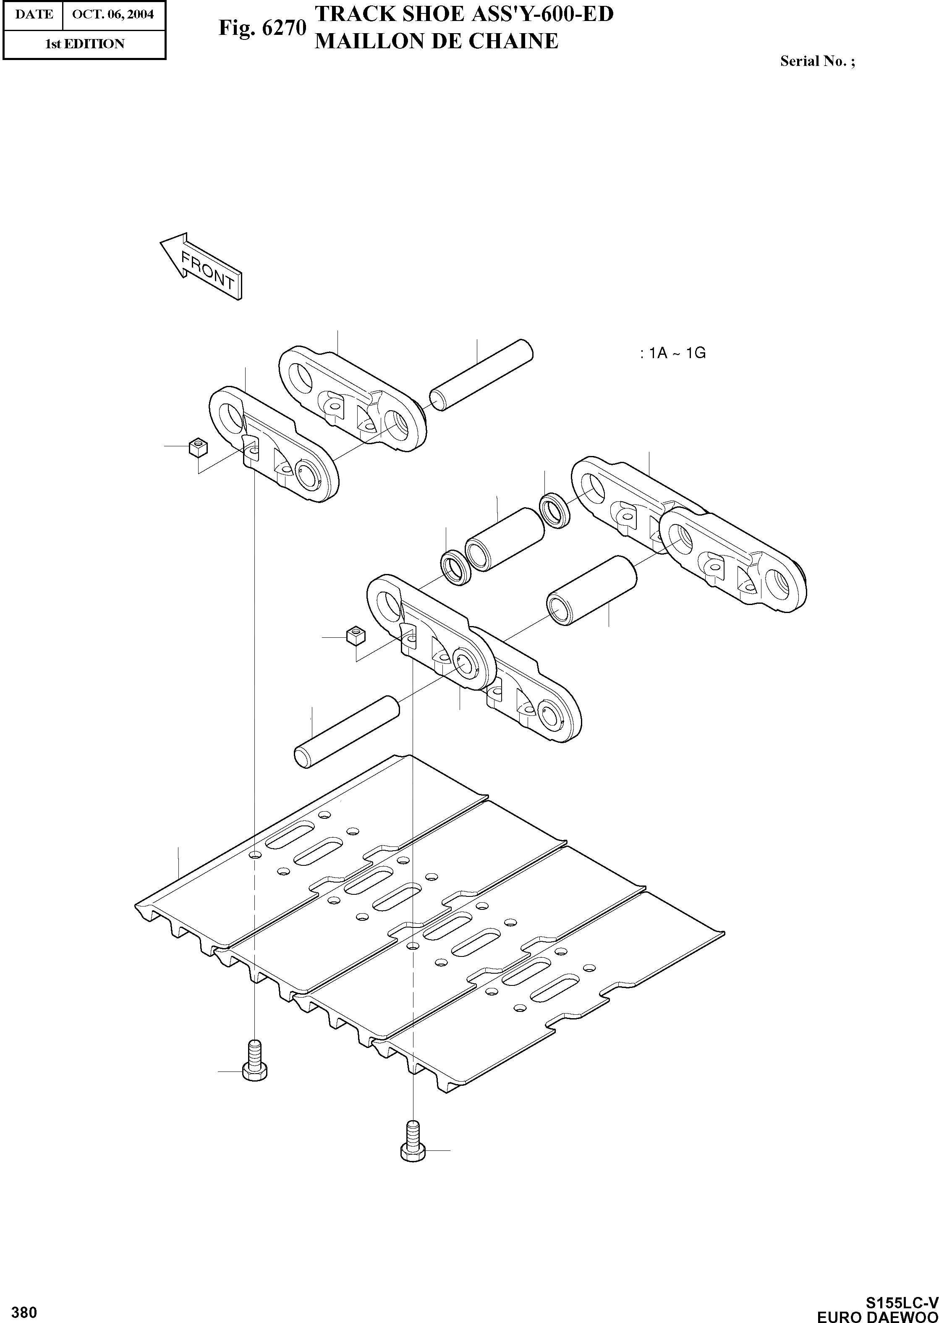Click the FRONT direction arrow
201,267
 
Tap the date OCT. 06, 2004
113,14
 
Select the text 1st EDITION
84,44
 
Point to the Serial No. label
817,61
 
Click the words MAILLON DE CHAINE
437,41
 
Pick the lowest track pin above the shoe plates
346,732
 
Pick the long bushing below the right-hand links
592,590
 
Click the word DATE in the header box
34,14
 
